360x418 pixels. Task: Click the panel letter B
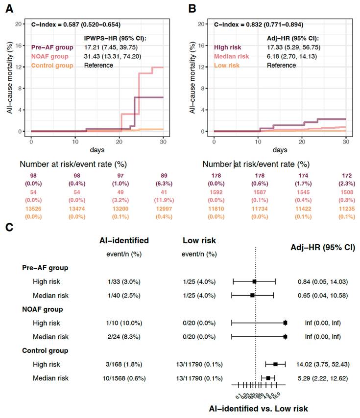pos(192,9)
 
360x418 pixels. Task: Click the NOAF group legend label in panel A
pos(50,57)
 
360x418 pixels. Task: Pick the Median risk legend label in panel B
pos(232,57)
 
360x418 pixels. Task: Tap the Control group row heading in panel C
pos(46,350)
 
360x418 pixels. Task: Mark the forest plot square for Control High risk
pos(276,364)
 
